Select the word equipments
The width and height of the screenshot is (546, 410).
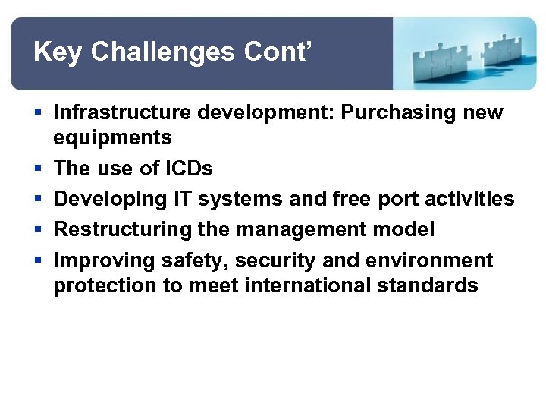click(x=112, y=138)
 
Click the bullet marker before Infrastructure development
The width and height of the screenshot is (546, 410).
click(x=37, y=113)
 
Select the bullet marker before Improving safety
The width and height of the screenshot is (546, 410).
click(x=37, y=260)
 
